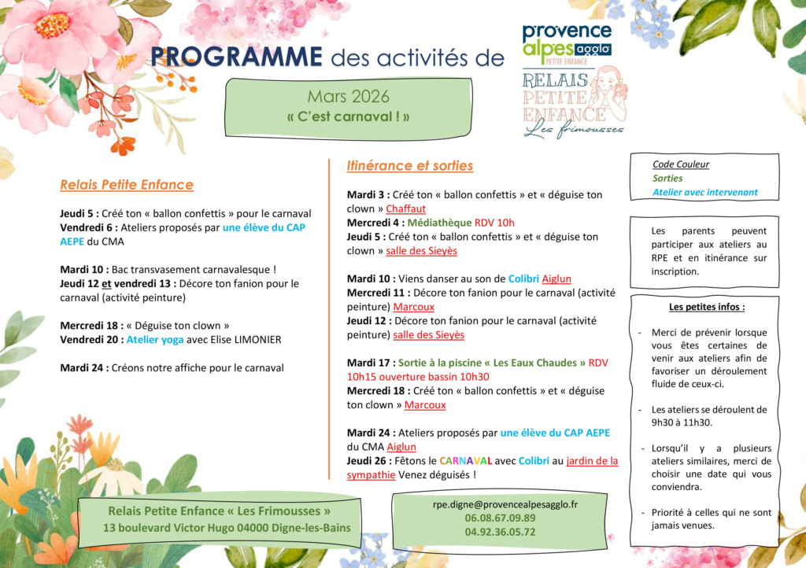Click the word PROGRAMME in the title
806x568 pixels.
236,57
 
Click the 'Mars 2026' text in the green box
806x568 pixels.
348,97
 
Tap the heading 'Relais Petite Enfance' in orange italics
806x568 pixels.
127,185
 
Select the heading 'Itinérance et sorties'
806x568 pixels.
410,166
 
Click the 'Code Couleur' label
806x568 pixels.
681,164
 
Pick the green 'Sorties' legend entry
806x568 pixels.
667,178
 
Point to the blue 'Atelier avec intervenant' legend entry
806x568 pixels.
704,192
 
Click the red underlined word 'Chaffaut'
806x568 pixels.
405,208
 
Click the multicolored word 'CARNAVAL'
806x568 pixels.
466,461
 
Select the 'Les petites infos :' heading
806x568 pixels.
706,307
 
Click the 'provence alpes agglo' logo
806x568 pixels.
567,42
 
